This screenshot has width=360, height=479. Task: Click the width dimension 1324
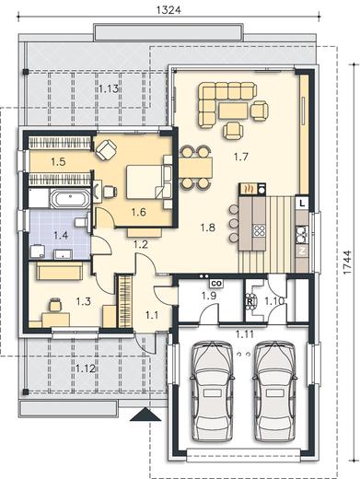pos(168,10)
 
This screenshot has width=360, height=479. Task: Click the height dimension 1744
pos(347,263)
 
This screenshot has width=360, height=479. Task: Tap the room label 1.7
pos(240,158)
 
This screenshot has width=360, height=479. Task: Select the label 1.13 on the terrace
pos(109,89)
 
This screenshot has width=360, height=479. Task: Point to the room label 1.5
pos(58,161)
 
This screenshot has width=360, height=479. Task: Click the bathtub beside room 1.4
pos(70,199)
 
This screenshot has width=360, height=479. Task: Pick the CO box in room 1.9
pos(216,284)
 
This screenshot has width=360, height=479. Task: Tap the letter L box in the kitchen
pos(303,203)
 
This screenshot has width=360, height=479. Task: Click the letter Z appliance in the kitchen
pos(302,251)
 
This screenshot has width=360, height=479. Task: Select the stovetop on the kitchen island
pos(259,230)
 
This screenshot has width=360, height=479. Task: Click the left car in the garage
pos(212,391)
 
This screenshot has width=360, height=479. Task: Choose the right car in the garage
pos(275,391)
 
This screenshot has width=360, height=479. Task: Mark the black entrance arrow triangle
pos(145,415)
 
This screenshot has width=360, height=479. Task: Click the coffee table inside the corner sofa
pos(233,111)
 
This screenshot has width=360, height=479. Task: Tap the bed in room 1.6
pos(145,181)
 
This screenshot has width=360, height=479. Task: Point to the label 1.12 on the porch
pos(86,368)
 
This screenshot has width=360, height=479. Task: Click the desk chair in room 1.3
pos(55,304)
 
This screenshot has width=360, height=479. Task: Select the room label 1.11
pos(245,333)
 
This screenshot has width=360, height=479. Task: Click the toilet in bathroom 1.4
pos(82,221)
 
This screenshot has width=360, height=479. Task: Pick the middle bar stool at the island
pos(234,223)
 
